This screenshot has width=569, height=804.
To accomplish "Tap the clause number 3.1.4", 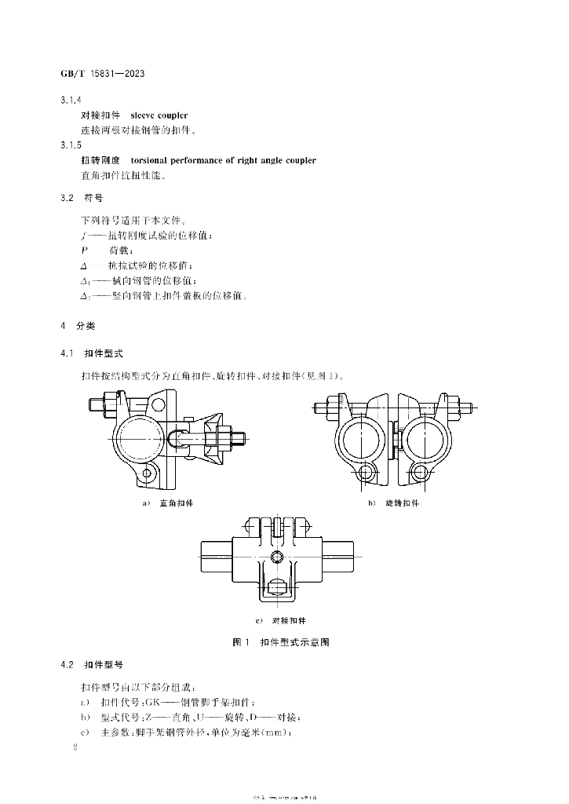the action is (71, 101).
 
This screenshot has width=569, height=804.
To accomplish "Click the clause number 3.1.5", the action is (71, 145).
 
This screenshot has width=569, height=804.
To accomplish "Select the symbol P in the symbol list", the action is (84, 249).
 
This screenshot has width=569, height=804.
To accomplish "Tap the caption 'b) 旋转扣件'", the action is (394, 502).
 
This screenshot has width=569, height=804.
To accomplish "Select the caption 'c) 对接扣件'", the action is (283, 620).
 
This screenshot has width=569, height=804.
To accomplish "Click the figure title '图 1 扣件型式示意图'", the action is (281, 642).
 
